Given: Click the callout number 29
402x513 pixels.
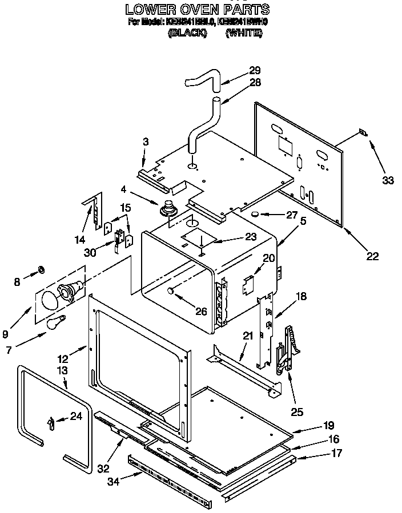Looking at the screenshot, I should [255, 71].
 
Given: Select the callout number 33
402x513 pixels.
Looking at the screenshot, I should [388, 181].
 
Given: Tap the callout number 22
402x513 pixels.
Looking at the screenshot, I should [372, 256].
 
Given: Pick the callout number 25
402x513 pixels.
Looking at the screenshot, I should [297, 411].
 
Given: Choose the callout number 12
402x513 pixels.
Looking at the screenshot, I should [63, 359].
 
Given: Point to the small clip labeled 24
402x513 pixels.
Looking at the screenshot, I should [51, 422].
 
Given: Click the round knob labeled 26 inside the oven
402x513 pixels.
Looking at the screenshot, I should [170, 291].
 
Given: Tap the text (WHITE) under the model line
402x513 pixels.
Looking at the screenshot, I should [244, 34].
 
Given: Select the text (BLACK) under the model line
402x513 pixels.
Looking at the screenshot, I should [187, 34].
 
